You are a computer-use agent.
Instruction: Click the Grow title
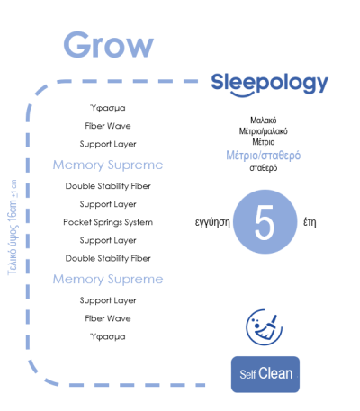coord(109,45)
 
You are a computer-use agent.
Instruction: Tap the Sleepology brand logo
coord(270,84)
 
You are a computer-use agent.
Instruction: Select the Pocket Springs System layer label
coord(108,222)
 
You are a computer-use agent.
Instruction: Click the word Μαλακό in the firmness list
coord(264,121)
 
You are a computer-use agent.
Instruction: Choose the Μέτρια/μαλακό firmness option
coord(264,131)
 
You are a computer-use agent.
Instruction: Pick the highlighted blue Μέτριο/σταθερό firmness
coord(264,155)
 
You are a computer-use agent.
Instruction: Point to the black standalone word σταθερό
coord(264,167)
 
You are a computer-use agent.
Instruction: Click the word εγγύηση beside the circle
coord(212,223)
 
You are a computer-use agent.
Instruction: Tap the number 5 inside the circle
coord(265,222)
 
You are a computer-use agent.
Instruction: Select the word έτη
coord(310,222)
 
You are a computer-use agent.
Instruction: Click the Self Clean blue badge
coord(265,374)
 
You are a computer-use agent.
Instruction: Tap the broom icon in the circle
coord(264,327)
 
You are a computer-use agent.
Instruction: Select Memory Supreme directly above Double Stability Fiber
coord(108,165)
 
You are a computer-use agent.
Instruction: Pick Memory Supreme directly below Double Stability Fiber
coord(108,280)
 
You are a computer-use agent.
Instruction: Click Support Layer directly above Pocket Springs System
coord(108,204)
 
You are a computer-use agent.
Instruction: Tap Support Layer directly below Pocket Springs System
coord(108,240)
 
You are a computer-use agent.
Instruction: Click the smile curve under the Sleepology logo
coord(242,95)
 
